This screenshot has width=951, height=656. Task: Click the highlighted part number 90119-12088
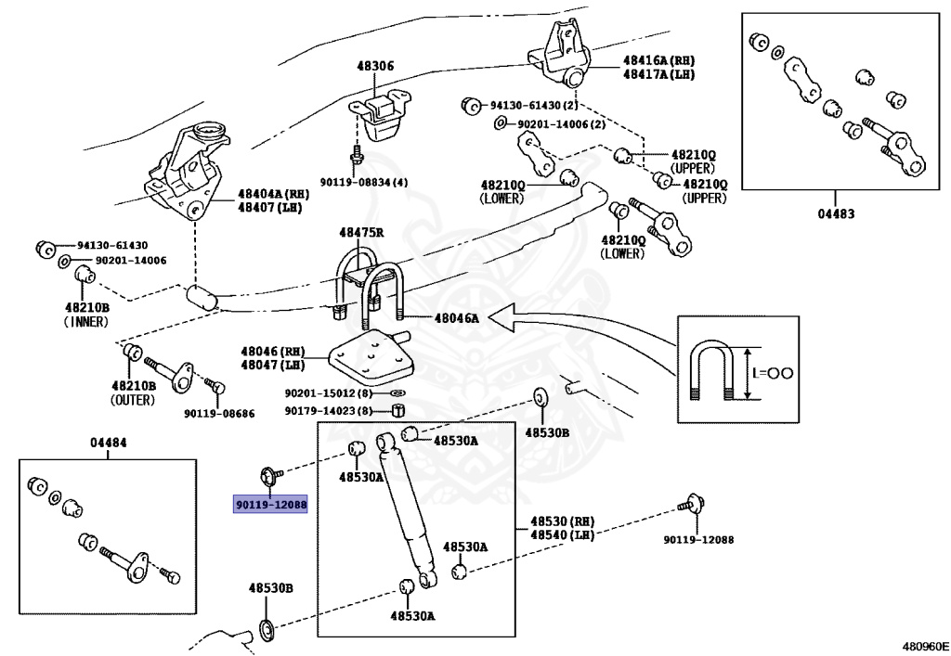coord(270,504)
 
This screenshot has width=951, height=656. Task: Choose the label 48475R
coord(361,232)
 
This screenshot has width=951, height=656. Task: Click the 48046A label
coord(456,317)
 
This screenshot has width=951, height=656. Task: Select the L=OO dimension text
coord(773,373)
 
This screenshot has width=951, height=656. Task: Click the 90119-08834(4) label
coord(364,182)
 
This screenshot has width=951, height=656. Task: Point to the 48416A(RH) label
coord(658,59)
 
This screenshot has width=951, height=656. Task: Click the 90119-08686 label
coord(218,413)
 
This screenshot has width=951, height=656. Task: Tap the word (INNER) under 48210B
coord(86,322)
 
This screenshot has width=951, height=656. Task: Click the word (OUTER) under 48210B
coord(134,399)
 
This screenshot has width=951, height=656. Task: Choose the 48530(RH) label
coord(562,521)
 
